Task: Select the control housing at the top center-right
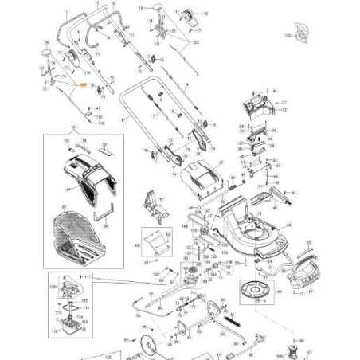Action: point(191,14)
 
